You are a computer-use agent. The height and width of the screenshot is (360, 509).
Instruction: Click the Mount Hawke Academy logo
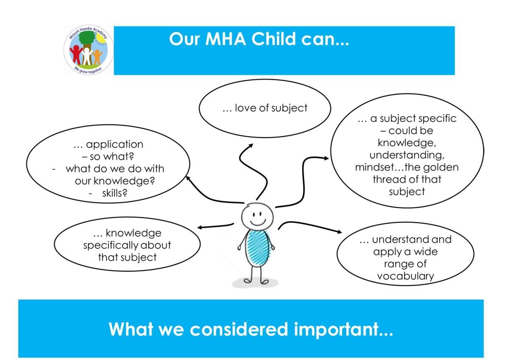(88, 50)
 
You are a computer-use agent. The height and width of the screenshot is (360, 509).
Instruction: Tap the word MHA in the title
(225, 39)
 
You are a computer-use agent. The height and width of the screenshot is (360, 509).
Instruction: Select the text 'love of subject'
(271, 108)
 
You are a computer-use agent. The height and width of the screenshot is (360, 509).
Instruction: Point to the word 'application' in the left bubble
(115, 145)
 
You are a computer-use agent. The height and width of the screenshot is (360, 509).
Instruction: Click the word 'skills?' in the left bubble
(115, 193)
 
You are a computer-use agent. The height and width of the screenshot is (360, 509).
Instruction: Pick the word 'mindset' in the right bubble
(375, 167)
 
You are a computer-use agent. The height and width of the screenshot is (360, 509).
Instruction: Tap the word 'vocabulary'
(406, 276)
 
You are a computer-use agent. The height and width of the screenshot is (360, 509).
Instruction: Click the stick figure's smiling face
(257, 217)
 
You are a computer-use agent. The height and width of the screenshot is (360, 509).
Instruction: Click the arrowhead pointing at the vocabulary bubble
(340, 232)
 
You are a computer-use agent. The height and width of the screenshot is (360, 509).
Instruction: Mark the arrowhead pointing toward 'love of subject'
(251, 145)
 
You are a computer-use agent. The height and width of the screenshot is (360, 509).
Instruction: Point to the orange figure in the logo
(97, 57)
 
